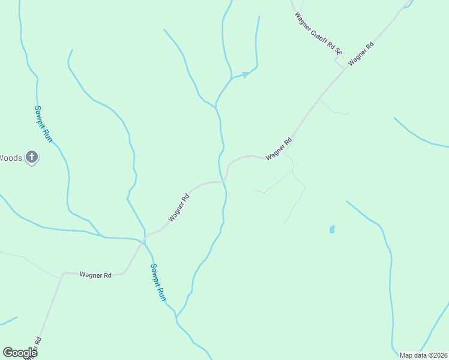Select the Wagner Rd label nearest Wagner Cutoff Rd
361,53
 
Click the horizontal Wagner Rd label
95,275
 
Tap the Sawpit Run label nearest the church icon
43,124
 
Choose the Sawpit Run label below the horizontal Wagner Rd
158,282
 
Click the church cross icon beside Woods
32,158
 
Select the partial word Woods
11,158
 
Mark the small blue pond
332,229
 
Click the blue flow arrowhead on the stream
246,74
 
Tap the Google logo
20,353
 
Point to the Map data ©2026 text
423,355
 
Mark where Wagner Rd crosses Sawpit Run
144,240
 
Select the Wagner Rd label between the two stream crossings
179,207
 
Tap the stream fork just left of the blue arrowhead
232,78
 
